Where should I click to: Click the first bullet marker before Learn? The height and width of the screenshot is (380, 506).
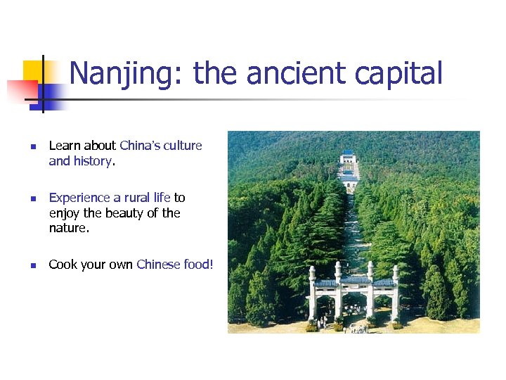pyautogui.click(x=32, y=147)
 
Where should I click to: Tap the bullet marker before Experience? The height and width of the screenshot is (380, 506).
pyautogui.click(x=32, y=199)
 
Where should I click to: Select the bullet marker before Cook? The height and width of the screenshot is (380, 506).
pyautogui.click(x=32, y=266)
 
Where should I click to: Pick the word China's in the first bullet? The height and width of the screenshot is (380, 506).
pyautogui.click(x=141, y=146)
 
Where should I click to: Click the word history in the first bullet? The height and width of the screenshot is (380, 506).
pyautogui.click(x=91, y=160)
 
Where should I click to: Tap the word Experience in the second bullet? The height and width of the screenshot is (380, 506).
pyautogui.click(x=79, y=198)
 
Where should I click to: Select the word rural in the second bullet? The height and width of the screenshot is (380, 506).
pyautogui.click(x=138, y=198)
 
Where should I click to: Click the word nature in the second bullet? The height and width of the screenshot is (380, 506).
pyautogui.click(x=68, y=228)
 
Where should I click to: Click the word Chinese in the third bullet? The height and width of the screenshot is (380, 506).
pyautogui.click(x=159, y=265)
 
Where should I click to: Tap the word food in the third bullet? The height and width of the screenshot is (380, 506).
pyautogui.click(x=197, y=265)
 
